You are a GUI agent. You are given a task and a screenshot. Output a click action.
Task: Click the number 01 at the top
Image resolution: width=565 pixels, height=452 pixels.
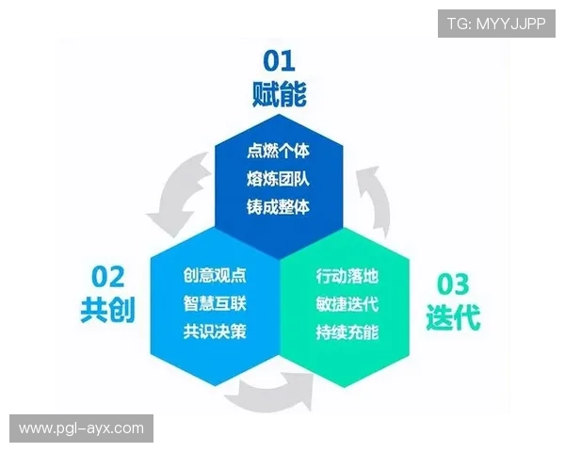click(x=279, y=61)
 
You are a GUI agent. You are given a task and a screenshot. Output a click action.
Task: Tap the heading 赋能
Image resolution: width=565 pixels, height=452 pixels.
click(x=279, y=94)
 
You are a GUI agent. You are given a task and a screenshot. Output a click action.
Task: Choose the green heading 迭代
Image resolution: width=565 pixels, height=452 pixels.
click(x=453, y=316)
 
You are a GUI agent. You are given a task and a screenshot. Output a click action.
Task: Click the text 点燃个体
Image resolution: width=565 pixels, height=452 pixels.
click(x=278, y=151)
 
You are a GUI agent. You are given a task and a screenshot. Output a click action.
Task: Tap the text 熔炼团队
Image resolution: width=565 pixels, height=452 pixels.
click(x=278, y=178)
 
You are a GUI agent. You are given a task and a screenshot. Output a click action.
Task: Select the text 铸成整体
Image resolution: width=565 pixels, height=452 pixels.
click(x=278, y=205)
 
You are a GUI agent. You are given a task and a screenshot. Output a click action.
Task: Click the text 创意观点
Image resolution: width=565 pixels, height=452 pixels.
click(x=215, y=277)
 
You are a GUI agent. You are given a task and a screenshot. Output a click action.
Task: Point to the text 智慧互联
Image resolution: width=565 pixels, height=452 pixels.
click(x=215, y=304)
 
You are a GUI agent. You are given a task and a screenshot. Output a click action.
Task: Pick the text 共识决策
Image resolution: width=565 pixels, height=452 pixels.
click(x=215, y=331)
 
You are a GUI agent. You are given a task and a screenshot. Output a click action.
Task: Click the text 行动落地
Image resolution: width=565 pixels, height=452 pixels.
click(x=347, y=277)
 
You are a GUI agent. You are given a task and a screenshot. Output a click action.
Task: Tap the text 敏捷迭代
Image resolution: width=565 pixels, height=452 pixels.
click(x=347, y=304)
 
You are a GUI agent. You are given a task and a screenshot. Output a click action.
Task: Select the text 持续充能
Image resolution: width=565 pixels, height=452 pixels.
click(x=347, y=331)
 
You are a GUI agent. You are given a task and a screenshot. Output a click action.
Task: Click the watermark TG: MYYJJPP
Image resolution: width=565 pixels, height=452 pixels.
click(x=496, y=22)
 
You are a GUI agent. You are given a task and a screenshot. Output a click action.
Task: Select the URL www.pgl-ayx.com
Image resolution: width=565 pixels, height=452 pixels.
click(x=82, y=429)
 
